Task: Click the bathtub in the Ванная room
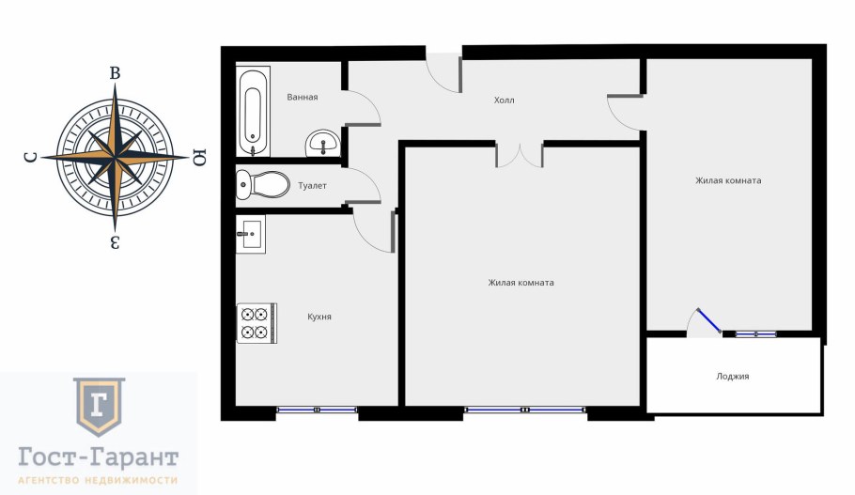(x=254, y=111)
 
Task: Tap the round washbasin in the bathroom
(x=323, y=144)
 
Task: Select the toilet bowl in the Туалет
(x=262, y=184)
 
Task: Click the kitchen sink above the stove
(x=251, y=235)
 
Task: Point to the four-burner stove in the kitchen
(x=256, y=323)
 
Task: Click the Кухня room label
(x=319, y=317)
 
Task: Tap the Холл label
(x=504, y=101)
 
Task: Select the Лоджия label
(x=732, y=376)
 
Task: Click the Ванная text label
(x=303, y=97)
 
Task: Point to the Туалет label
(x=312, y=186)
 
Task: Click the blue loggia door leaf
(x=709, y=320)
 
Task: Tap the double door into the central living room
(x=519, y=154)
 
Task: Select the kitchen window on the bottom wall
(x=317, y=410)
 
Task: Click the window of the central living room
(x=525, y=409)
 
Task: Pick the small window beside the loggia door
(x=755, y=333)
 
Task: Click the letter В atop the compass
(x=115, y=73)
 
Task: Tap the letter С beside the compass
(x=31, y=158)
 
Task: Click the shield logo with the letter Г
(x=100, y=406)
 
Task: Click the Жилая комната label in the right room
(x=728, y=181)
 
